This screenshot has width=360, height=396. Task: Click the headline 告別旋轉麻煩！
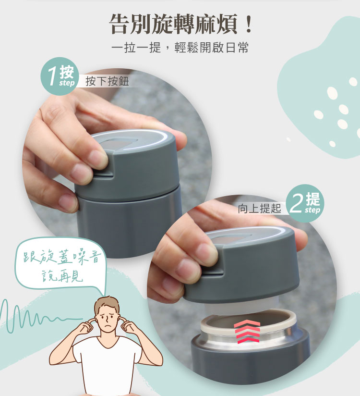pyautogui.click(x=181, y=24)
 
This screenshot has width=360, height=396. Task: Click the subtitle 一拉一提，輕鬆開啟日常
pyautogui.click(x=180, y=47)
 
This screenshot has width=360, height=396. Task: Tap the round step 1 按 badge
pyautogui.click(x=60, y=76)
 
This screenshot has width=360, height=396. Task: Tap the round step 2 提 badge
pyautogui.click(x=305, y=203)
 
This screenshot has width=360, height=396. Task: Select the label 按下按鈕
pyautogui.click(x=107, y=81)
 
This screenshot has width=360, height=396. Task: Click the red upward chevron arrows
pyautogui.click(x=247, y=331)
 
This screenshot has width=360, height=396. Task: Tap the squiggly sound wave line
pyautogui.click(x=38, y=316)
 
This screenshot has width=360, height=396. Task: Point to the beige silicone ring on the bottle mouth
pyautogui.click(x=249, y=320)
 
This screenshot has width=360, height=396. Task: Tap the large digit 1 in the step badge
pyautogui.click(x=52, y=76)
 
